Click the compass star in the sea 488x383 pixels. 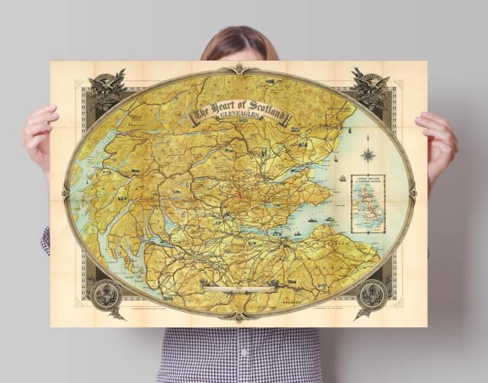(368, 154)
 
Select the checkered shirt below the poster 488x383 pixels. (240, 354)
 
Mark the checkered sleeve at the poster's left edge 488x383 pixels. (45, 240)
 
